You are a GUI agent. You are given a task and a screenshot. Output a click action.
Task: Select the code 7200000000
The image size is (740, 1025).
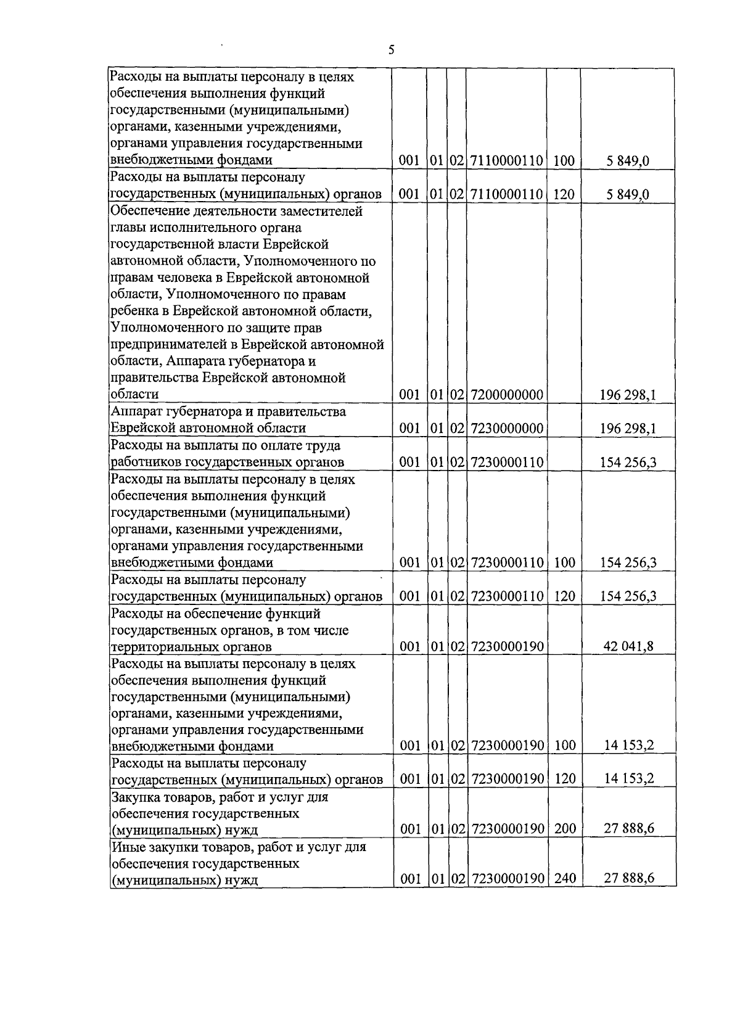[507, 395]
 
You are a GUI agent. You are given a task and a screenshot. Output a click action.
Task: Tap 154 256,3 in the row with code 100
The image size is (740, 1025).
[628, 562]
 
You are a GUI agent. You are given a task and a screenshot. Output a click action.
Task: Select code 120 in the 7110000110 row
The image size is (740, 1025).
[564, 195]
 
